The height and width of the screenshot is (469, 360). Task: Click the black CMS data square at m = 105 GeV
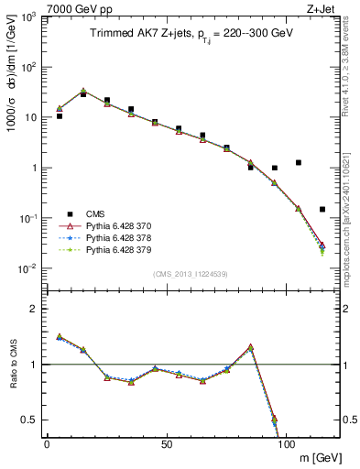point(299,163)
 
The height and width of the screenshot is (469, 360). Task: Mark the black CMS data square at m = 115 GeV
point(322,209)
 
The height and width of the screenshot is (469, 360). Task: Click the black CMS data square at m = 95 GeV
point(275,168)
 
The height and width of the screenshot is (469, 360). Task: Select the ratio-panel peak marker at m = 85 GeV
point(251,348)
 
